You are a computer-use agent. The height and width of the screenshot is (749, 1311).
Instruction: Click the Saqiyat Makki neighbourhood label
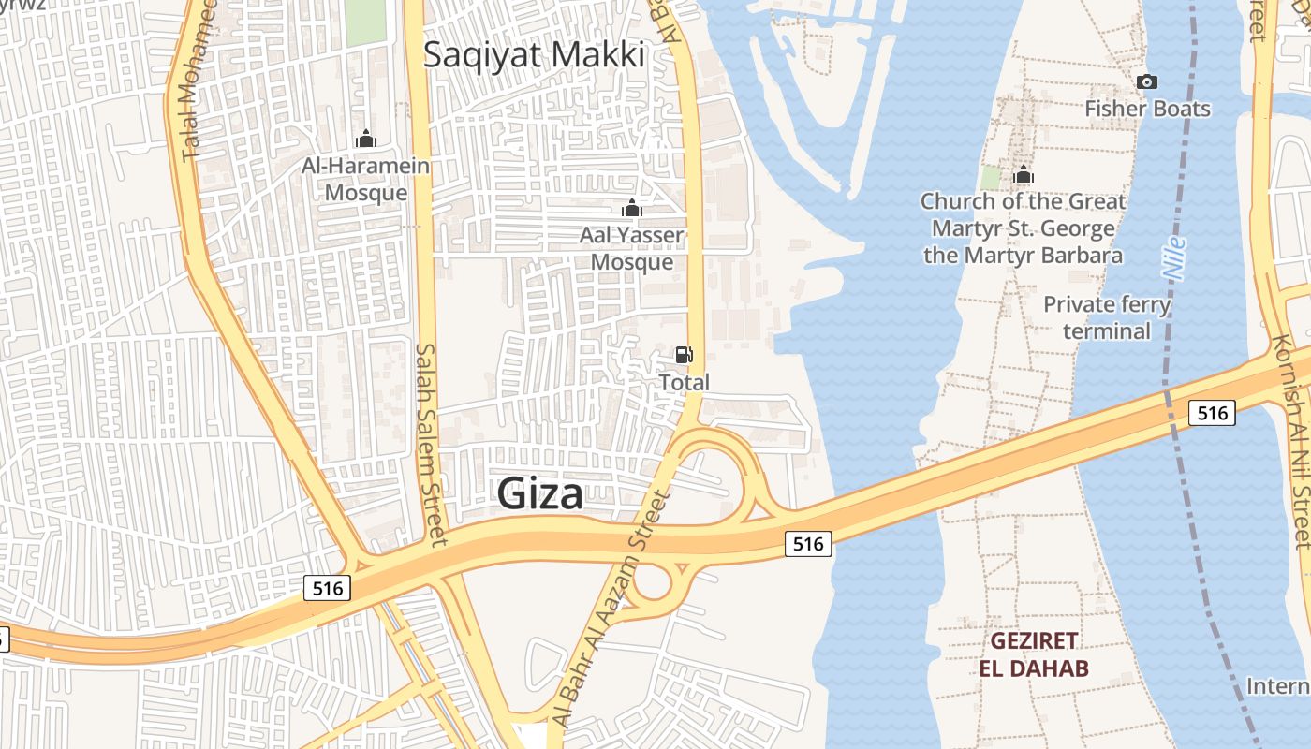click(x=534, y=54)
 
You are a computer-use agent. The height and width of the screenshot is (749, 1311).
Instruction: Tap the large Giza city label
click(x=540, y=493)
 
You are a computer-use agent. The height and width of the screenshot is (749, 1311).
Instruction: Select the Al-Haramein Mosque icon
click(x=366, y=140)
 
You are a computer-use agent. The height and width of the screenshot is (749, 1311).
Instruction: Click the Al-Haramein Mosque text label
click(x=366, y=180)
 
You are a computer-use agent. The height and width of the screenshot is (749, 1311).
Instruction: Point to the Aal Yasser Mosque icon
click(x=632, y=208)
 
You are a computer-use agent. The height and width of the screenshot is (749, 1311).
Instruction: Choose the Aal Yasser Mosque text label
click(x=632, y=248)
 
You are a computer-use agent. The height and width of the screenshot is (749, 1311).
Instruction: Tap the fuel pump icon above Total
click(x=685, y=355)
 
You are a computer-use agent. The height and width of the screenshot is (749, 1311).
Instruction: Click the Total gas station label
click(x=685, y=382)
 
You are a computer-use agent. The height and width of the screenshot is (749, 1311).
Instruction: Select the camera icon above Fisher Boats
click(x=1147, y=82)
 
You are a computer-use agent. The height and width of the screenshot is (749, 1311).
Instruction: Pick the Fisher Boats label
click(x=1147, y=109)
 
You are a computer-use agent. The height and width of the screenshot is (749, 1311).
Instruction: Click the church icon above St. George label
click(x=1024, y=175)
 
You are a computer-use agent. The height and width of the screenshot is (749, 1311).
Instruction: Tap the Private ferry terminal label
click(x=1107, y=317)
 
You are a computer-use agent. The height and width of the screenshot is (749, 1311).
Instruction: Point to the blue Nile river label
click(x=1173, y=257)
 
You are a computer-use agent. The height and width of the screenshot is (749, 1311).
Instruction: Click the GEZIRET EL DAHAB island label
click(x=1034, y=654)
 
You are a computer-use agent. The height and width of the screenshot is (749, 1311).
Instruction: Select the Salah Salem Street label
click(x=432, y=443)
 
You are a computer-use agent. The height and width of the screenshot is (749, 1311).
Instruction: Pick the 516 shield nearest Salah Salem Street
click(x=327, y=588)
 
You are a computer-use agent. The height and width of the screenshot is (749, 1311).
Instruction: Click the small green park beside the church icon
click(x=990, y=177)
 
